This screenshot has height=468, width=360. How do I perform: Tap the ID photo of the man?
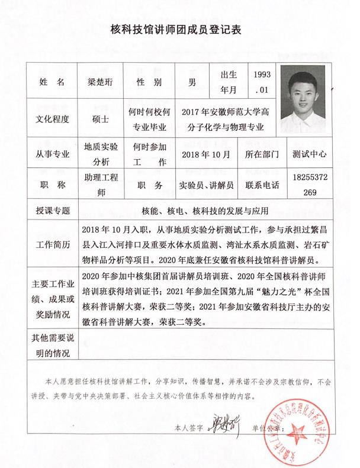(x=303, y=97)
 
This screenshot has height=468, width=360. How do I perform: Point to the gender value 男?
(x=192, y=83)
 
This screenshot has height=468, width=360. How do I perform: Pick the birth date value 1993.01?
(x=261, y=82)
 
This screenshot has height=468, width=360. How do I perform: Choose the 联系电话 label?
(x=262, y=185)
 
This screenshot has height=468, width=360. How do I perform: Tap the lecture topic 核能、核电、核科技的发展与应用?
(x=205, y=211)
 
